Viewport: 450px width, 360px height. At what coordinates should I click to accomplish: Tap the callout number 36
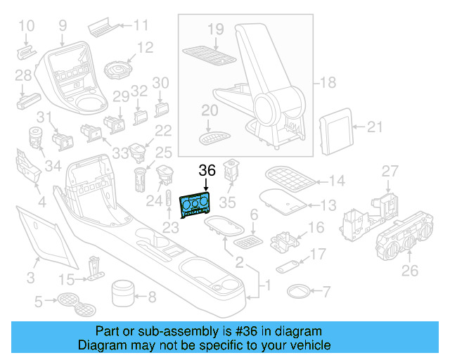(x=207, y=170)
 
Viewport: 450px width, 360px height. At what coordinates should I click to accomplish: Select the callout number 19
(x=215, y=29)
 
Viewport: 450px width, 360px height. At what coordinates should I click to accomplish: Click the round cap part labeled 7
(x=299, y=290)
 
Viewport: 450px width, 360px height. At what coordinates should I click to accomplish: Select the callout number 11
(x=141, y=26)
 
